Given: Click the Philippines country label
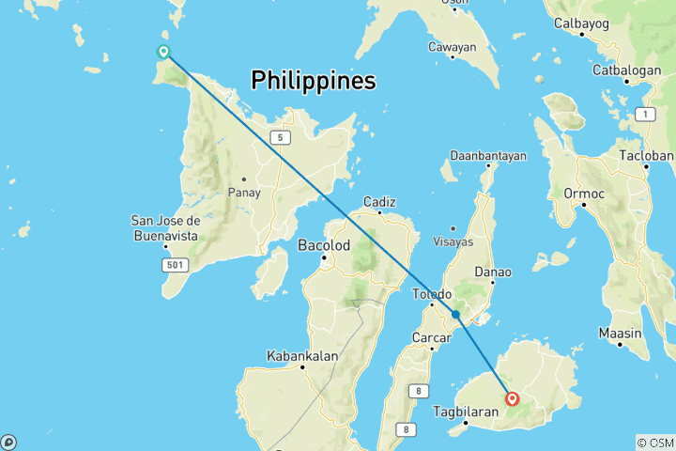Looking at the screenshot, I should pos(314,82).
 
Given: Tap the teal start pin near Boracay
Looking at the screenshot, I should pos(163,52).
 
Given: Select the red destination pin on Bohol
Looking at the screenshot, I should pos(513,398).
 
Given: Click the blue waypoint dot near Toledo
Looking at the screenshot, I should pos(455,315).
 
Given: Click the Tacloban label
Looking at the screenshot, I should pos(646,155).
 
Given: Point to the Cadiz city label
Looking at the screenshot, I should pos(380,201).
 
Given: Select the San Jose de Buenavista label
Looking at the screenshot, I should pos(164,227).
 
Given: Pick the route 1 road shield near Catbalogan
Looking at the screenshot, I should pos(644,114).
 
